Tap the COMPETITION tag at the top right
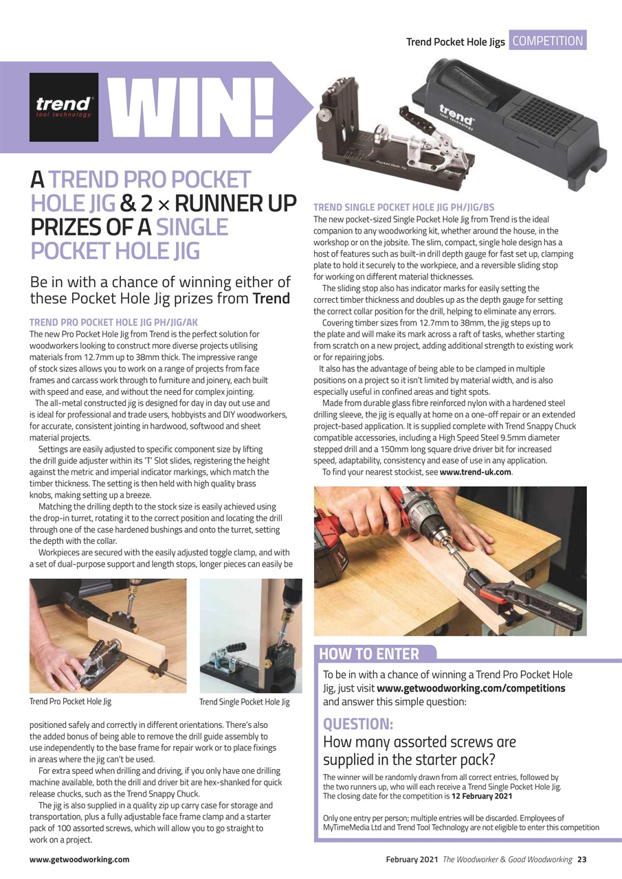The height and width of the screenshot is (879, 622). (x=548, y=41)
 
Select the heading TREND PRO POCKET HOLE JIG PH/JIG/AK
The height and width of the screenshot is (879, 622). (x=114, y=322)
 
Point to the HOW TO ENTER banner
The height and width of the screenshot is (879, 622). (x=369, y=654)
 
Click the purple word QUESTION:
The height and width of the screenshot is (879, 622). (x=358, y=724)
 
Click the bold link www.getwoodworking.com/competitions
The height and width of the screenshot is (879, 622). (x=471, y=688)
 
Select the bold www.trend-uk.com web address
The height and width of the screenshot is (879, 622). (x=475, y=472)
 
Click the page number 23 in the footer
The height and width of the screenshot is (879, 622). (x=581, y=859)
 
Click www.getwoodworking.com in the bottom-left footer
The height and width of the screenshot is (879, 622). (x=79, y=859)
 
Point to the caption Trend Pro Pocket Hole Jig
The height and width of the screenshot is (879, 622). (x=70, y=702)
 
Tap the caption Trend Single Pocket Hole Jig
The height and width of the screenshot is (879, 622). (x=244, y=702)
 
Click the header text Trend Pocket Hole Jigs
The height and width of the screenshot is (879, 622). (x=455, y=42)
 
